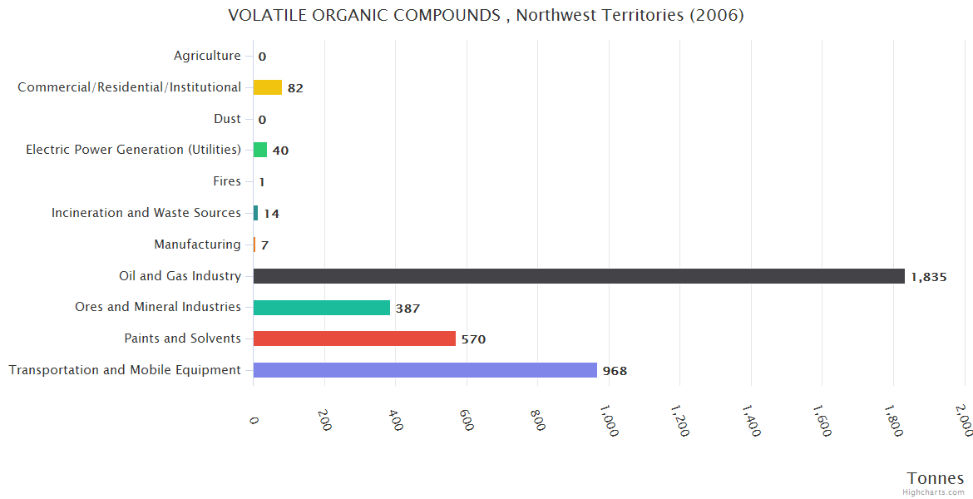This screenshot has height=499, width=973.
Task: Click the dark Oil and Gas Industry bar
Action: click(579, 276)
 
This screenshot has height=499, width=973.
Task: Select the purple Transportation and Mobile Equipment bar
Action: click(425, 370)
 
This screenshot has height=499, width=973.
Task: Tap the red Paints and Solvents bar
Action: click(354, 338)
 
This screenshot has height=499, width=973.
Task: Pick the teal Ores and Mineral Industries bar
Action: click(322, 308)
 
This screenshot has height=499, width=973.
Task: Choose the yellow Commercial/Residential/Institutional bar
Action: click(268, 87)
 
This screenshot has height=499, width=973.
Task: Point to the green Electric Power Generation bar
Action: click(260, 150)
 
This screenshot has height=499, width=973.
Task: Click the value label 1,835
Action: click(929, 277)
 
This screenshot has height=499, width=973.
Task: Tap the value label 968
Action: click(615, 371)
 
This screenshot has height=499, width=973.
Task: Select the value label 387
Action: click(407, 309)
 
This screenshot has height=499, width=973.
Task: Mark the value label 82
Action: click(295, 88)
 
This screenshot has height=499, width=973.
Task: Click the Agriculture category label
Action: click(207, 56)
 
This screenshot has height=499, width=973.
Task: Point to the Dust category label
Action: click(227, 119)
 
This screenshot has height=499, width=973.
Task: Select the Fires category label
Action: click(227, 181)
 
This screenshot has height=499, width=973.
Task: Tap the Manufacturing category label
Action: click(197, 245)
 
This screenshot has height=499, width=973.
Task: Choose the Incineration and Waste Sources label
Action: click(146, 213)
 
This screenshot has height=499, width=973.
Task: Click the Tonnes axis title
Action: click(936, 478)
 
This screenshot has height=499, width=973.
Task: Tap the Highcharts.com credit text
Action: click(934, 492)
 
